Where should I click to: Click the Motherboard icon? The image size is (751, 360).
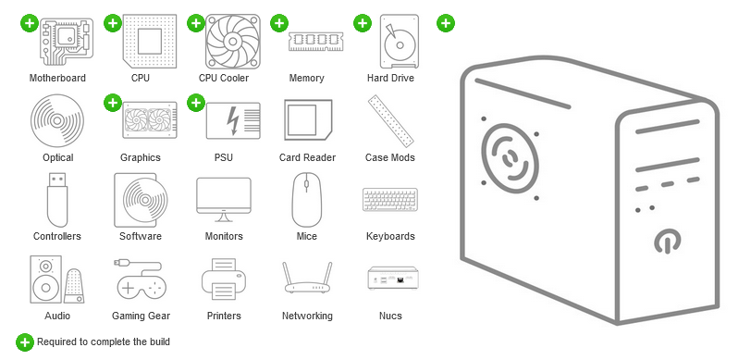[x=57, y=42]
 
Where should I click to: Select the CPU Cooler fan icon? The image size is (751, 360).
[x=224, y=42]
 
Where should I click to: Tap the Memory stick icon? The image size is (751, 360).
[x=307, y=41]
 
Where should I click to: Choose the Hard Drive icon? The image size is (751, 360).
[x=390, y=42]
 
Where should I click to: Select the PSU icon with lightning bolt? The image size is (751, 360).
[x=224, y=121]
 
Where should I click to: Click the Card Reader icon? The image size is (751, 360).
[x=307, y=121]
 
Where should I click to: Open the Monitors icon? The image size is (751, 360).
[x=224, y=200]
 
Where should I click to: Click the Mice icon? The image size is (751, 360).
[x=307, y=200]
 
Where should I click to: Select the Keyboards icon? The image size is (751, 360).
[x=390, y=200]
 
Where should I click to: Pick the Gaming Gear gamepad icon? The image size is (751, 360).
[x=141, y=279]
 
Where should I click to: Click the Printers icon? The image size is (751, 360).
[x=224, y=279]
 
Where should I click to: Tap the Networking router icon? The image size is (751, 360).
[x=307, y=279]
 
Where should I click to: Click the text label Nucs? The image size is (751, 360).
[x=390, y=316]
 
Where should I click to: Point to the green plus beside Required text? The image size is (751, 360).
[x=26, y=342]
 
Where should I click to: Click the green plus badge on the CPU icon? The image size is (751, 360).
[x=113, y=22]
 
